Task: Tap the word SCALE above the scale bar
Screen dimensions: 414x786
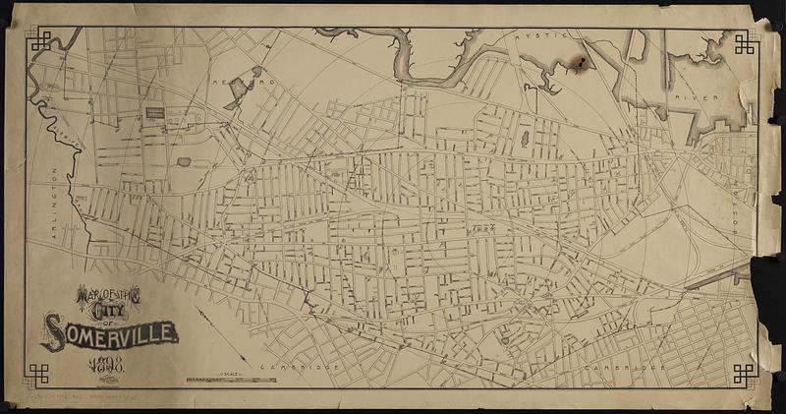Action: (x=232, y=373)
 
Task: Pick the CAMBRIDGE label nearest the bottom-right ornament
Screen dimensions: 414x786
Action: (x=611, y=368)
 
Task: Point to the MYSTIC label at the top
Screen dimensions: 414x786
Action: (x=531, y=34)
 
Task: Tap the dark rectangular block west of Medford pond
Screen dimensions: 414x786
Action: (x=155, y=114)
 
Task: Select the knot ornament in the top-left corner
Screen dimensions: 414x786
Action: (x=41, y=41)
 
